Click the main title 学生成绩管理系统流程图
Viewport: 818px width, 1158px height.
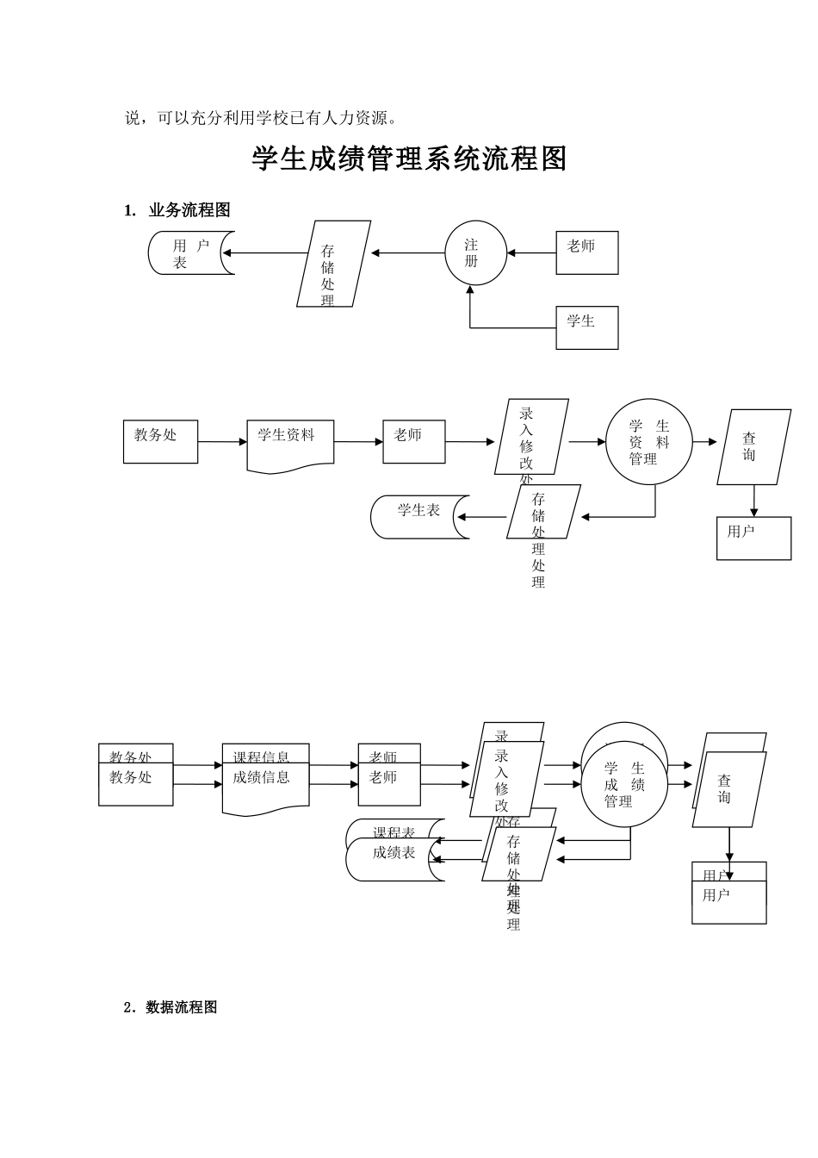(x=409, y=159)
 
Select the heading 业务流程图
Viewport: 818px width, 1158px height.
(x=189, y=210)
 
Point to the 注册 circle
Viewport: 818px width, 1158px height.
(x=475, y=253)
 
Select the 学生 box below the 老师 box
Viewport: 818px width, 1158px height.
(x=586, y=327)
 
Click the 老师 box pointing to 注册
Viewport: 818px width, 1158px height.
(x=586, y=252)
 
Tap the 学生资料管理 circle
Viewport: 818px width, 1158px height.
(x=648, y=442)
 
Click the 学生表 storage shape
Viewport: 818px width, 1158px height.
(x=420, y=517)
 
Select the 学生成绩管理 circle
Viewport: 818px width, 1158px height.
(x=623, y=786)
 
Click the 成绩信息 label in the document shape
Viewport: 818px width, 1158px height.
(x=262, y=778)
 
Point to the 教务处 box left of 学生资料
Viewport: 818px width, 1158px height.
(x=160, y=441)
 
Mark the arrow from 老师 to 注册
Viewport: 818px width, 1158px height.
(x=531, y=253)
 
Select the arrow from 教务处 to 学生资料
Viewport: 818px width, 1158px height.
(x=222, y=442)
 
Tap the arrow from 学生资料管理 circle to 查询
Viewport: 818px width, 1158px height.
(x=704, y=442)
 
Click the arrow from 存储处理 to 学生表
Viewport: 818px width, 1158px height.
(x=482, y=518)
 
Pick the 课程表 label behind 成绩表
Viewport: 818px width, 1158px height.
(x=394, y=832)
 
